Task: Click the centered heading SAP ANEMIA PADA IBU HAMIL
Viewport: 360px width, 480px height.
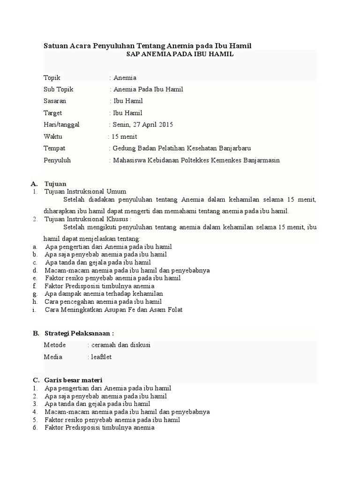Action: [180, 54]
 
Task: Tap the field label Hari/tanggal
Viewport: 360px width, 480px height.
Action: [61, 125]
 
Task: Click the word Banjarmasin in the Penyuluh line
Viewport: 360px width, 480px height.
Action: [260, 160]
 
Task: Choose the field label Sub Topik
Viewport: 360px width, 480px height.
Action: [59, 89]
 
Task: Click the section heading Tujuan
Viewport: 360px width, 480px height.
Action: [55, 184]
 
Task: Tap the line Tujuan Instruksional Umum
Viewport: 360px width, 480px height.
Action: [85, 191]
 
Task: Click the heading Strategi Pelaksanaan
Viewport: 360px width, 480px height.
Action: [79, 333]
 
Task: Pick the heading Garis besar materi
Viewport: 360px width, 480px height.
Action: [74, 380]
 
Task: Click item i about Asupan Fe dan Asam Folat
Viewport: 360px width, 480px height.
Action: [113, 310]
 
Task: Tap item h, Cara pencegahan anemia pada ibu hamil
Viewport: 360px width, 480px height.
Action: [103, 302]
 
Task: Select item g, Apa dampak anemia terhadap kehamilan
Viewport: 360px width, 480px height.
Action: [107, 294]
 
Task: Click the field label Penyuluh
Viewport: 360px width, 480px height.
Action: [57, 160]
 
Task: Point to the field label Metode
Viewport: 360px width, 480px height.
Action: [55, 345]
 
